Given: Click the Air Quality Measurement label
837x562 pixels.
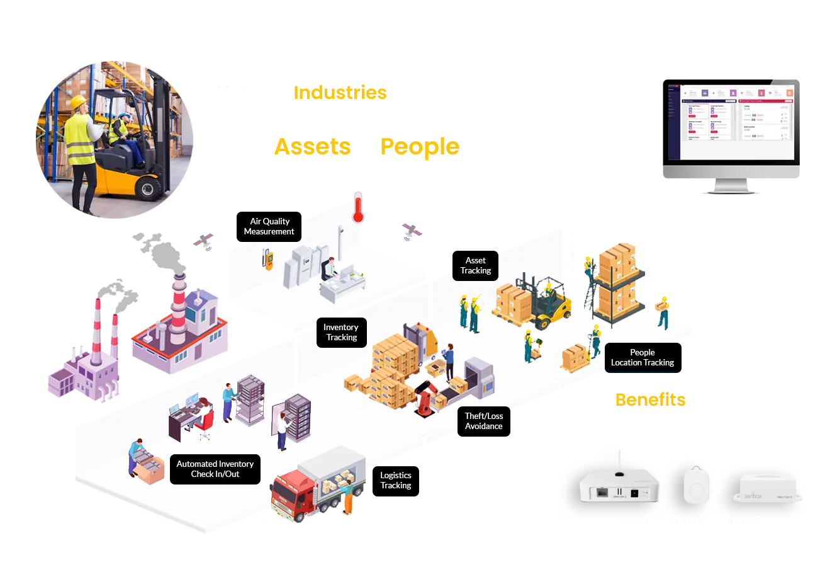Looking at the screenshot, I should (269, 226).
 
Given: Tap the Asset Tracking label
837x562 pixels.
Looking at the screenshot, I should (475, 265).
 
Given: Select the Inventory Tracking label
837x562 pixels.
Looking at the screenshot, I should (341, 332).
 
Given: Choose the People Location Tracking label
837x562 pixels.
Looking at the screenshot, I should (642, 357).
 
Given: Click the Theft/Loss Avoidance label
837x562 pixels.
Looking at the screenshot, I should (483, 421).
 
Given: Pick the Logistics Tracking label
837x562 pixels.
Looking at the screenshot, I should (395, 480).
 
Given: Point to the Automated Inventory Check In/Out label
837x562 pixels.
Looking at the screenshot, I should (215, 469).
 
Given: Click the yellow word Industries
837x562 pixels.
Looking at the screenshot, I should (340, 93).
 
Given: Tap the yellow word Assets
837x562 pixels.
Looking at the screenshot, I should (313, 147).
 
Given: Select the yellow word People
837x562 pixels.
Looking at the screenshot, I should (420, 147).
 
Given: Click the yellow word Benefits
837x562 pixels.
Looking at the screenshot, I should (650, 399).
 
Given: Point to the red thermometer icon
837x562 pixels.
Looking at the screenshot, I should (358, 208).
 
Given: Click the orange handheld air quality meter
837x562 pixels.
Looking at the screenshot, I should (268, 258).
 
